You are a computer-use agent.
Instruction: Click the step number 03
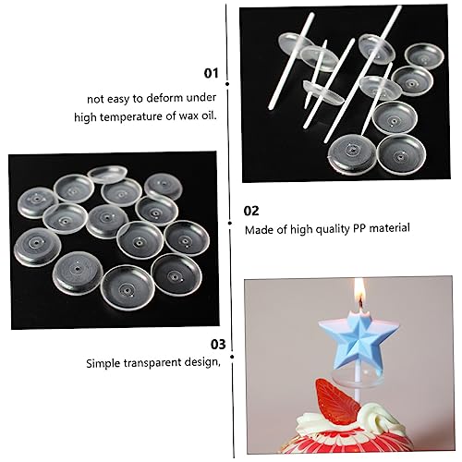coord(218,345)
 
